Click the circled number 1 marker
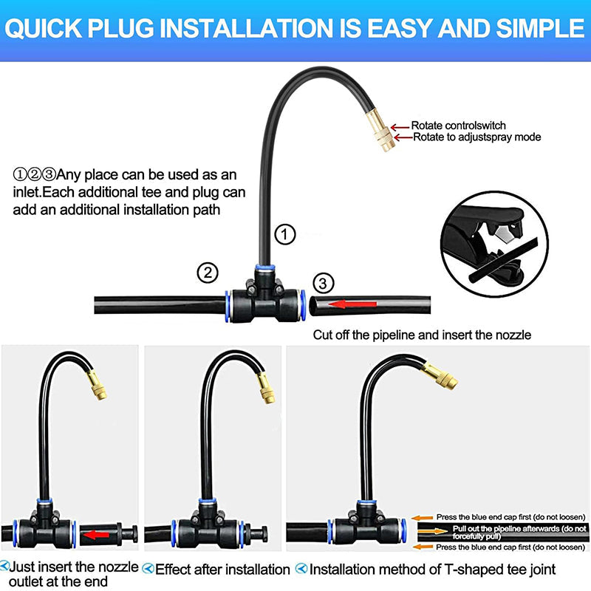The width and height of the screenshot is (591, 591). click(x=285, y=234)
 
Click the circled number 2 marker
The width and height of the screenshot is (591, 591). click(x=208, y=272)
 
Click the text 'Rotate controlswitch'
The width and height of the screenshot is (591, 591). click(x=458, y=126)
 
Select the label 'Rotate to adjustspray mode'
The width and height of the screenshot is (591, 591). click(x=476, y=137)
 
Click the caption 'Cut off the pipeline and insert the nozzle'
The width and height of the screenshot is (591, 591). click(x=422, y=335)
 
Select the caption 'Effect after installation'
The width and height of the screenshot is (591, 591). click(x=222, y=569)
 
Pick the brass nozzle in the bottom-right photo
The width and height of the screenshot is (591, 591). click(x=442, y=378)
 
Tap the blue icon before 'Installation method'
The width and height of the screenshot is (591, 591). click(x=301, y=569)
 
